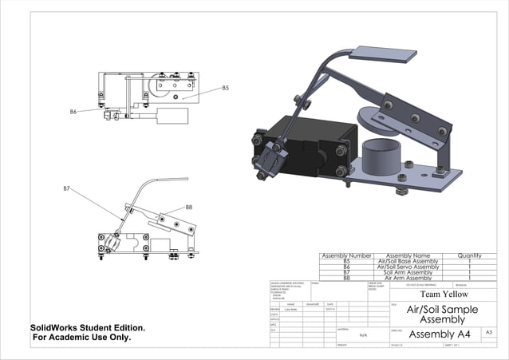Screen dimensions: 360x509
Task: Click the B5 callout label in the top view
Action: click(x=225, y=88)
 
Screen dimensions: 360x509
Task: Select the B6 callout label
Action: click(x=73, y=113)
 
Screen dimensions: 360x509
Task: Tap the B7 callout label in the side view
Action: click(x=67, y=188)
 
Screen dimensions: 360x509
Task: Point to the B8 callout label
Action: click(x=189, y=207)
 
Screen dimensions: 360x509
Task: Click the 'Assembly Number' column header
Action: click(x=346, y=255)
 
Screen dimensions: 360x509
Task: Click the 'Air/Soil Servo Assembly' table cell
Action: click(x=408, y=267)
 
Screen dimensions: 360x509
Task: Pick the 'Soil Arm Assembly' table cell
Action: click(x=408, y=272)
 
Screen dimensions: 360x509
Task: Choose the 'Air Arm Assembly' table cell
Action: click(x=408, y=278)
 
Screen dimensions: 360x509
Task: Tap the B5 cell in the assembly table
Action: click(x=346, y=261)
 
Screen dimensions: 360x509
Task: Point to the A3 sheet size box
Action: click(x=488, y=331)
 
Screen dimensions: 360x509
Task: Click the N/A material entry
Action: click(x=364, y=336)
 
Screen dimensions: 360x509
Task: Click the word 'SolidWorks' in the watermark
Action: click(x=55, y=327)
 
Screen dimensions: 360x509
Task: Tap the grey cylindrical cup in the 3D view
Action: click(x=381, y=155)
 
